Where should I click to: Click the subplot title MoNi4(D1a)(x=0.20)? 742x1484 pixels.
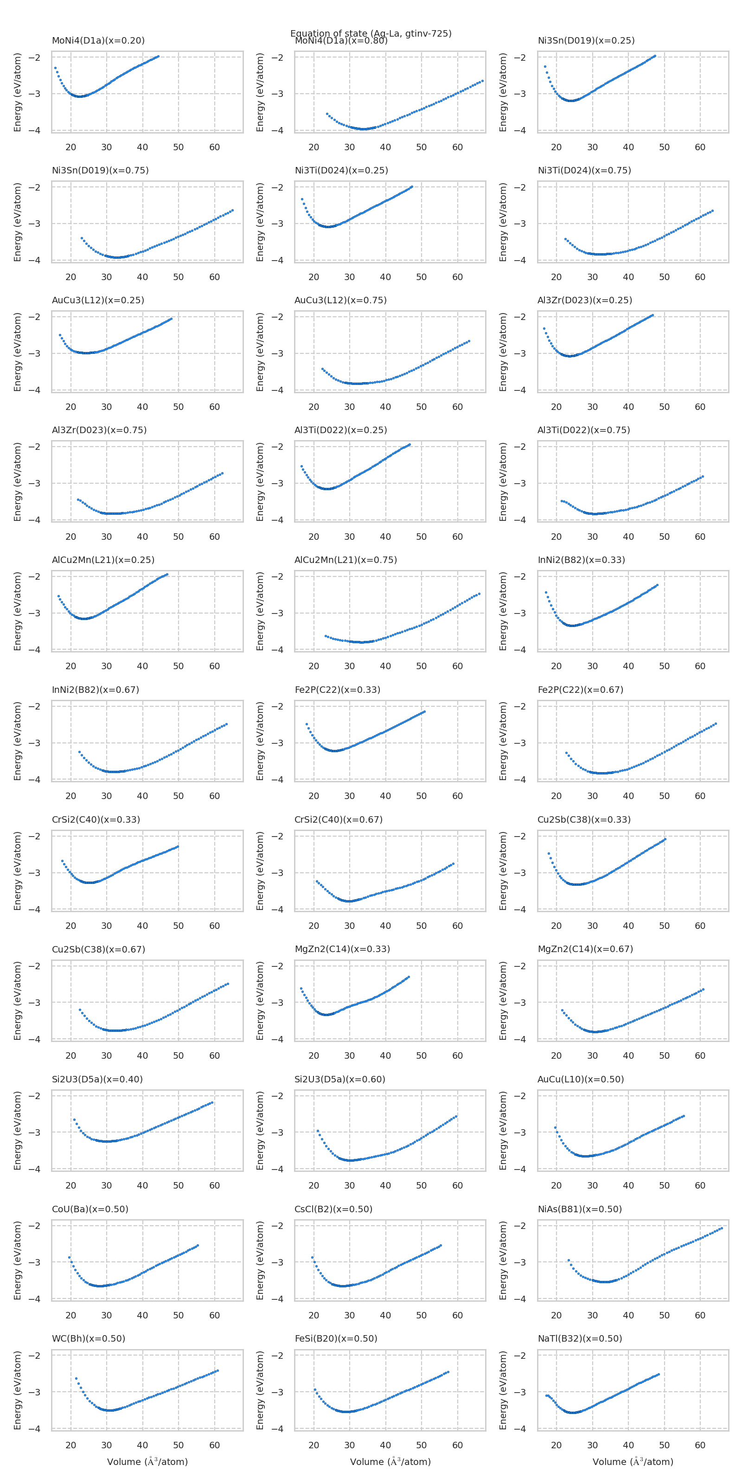(x=98, y=41)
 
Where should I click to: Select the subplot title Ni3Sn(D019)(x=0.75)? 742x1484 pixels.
(x=100, y=171)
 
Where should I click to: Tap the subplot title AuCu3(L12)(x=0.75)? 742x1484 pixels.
(x=340, y=300)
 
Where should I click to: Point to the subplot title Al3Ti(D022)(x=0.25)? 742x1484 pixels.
(x=340, y=430)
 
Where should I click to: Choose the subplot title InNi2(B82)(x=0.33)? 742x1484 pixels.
(x=581, y=560)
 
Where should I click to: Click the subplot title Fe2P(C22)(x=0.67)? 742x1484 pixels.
(x=580, y=690)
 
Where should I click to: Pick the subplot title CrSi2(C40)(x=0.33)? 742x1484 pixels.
(x=96, y=820)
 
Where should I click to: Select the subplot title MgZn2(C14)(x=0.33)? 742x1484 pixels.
(x=342, y=949)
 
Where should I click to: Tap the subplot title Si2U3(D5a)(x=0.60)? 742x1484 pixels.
(x=340, y=1079)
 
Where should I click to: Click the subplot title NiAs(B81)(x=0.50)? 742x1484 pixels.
(x=580, y=1209)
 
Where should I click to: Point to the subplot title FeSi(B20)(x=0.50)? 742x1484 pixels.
(x=336, y=1338)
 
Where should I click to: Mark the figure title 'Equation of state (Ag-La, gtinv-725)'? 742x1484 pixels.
(x=371, y=33)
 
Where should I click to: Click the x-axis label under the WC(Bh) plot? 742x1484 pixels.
(x=147, y=1462)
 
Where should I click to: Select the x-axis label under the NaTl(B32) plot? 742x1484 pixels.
(x=633, y=1462)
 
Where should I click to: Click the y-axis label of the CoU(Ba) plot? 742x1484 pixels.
(x=17, y=1260)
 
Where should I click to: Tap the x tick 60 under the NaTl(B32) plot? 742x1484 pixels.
(x=700, y=1445)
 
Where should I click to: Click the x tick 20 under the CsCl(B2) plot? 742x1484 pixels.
(x=313, y=1315)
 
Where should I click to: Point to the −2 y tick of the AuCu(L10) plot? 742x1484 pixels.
(x=519, y=1096)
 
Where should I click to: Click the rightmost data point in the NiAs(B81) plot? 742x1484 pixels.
(x=722, y=1228)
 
